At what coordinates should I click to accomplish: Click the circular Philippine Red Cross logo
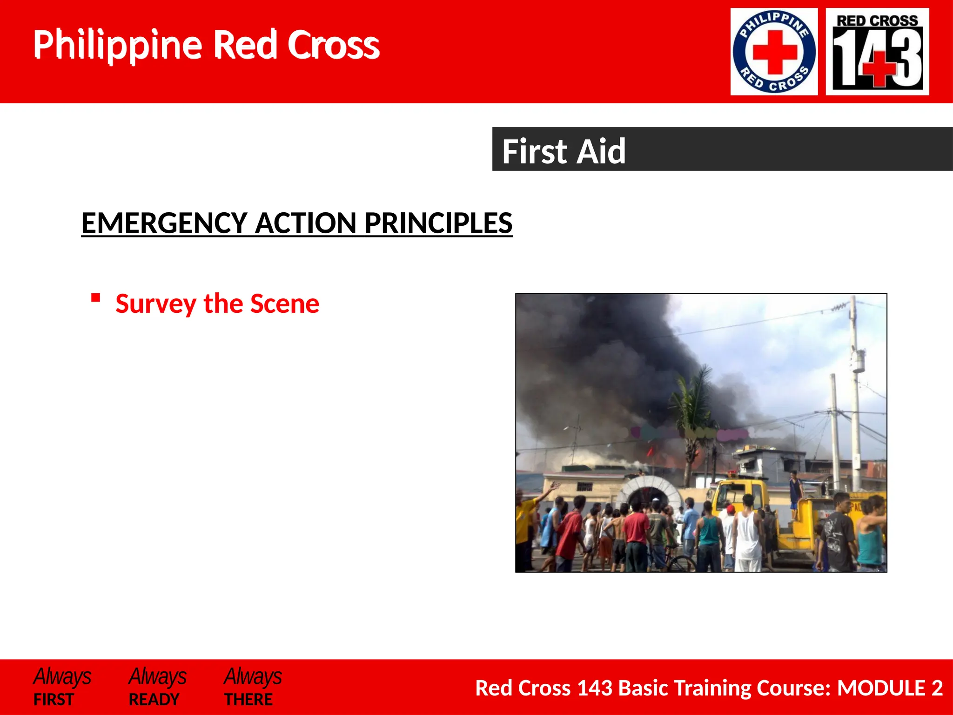[774, 52]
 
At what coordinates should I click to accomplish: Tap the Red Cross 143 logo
[877, 52]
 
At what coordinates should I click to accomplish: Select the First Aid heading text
[564, 151]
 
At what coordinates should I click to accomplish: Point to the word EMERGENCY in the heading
[164, 223]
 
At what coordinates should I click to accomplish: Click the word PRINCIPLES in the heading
[438, 223]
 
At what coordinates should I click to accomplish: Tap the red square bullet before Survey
[96, 298]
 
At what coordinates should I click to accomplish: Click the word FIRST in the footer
[54, 700]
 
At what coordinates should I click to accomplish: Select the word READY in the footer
[154, 700]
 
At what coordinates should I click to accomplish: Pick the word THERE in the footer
[248, 700]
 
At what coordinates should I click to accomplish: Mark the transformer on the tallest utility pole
[858, 361]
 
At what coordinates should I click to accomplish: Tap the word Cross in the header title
[333, 45]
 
